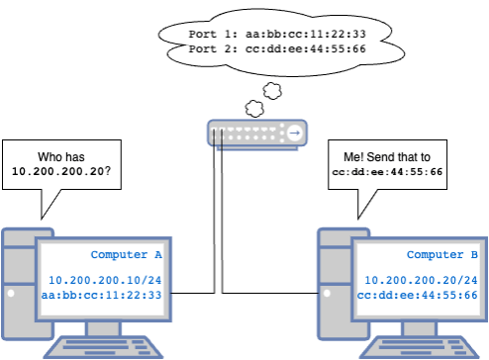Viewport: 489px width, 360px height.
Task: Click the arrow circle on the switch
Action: coord(294,132)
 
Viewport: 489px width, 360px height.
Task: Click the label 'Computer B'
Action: coord(442,255)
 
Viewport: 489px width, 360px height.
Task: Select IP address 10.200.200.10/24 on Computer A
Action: coord(105,281)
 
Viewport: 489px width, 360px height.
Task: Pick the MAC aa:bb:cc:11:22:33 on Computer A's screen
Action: coord(105,295)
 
